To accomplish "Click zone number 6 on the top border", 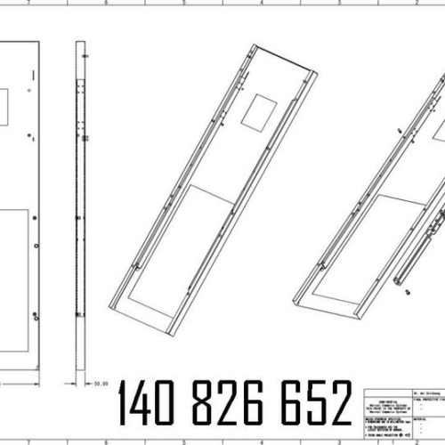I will pyautogui.click(x=106, y=4).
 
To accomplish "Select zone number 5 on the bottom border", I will pyautogui.click(x=183, y=441).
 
